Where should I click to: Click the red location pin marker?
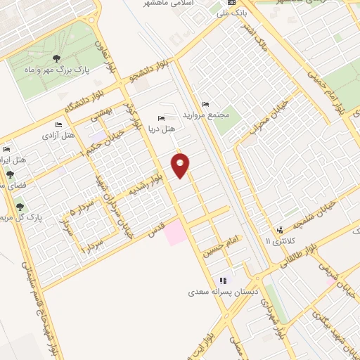click(181, 166)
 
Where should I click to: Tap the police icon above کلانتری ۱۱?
click(281, 229)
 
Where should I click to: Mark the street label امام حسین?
click(219, 248)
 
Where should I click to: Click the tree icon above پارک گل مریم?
click(19, 207)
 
